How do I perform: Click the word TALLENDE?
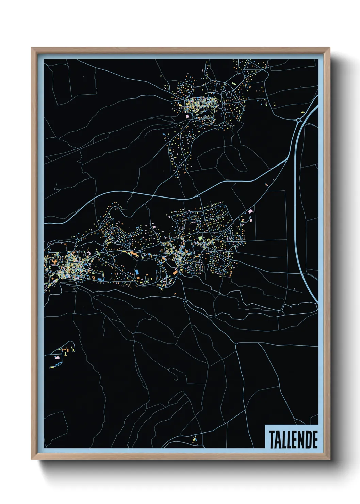(293, 439)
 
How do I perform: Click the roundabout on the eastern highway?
(298, 120)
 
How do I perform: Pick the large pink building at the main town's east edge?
(251, 211)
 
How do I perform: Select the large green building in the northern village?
(233, 83)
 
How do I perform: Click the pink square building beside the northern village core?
(187, 116)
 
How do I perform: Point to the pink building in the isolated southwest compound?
(56, 357)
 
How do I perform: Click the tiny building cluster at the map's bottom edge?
(194, 440)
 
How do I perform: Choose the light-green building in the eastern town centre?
(200, 238)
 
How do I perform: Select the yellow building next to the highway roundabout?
(302, 111)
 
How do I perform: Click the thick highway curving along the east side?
(296, 204)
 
